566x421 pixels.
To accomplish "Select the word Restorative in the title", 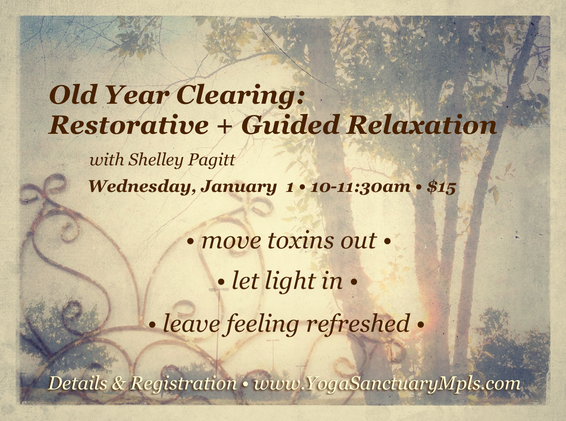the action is (x=128, y=126).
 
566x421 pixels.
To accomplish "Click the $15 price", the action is (x=441, y=187).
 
